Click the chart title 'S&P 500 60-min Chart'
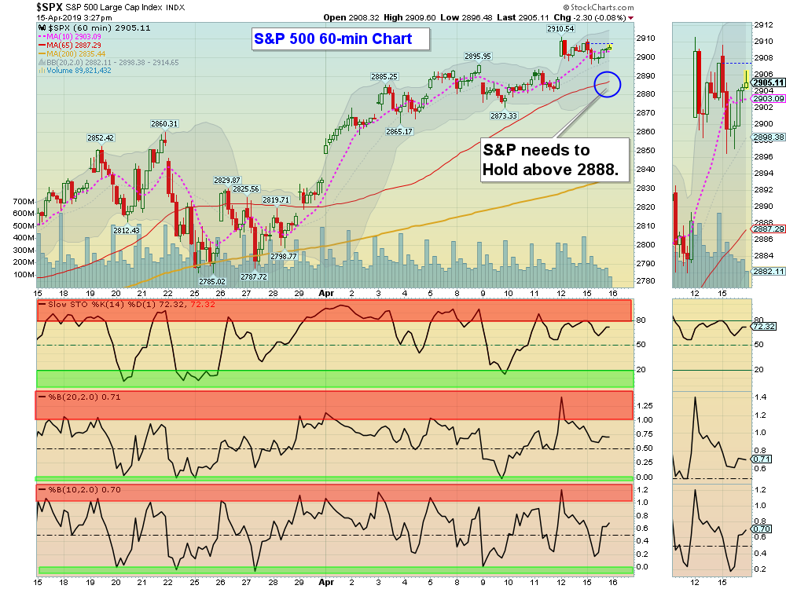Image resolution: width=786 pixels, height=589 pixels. coord(342,38)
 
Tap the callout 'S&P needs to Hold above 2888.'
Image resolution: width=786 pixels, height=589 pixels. coord(556,160)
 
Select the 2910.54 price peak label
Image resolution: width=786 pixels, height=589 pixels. coord(560,29)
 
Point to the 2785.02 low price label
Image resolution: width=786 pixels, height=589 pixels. coord(211,281)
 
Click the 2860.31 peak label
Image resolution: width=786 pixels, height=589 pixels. coord(164,123)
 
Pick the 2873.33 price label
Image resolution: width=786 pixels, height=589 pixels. coord(503,115)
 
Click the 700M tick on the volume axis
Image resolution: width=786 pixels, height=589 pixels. coord(23,201)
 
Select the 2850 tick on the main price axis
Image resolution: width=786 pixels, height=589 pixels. coord(645,150)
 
